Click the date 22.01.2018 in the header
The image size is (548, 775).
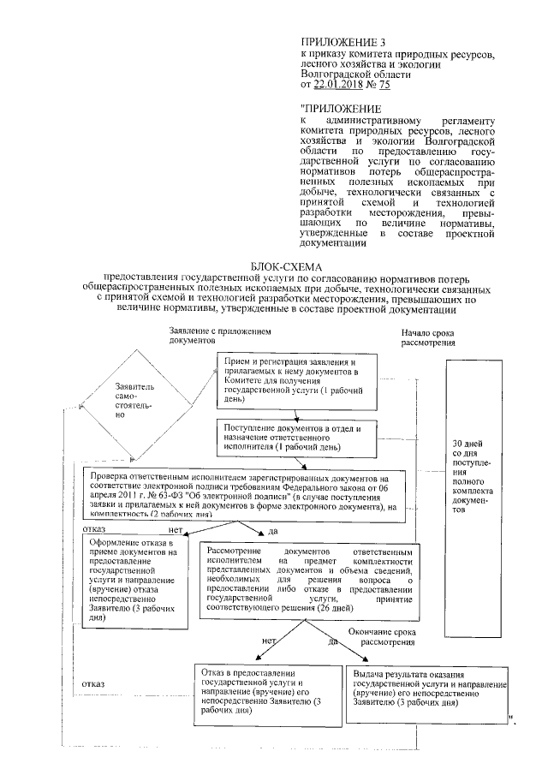point(341,85)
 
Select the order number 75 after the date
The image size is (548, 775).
point(384,85)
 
